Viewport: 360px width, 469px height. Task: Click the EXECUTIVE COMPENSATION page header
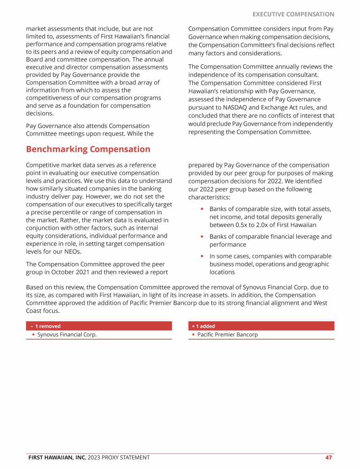pos(293,15)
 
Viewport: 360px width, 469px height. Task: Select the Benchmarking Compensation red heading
pos(88,149)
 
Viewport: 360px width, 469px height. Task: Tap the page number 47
pos(329,457)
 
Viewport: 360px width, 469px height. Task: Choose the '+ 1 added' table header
pos(203,326)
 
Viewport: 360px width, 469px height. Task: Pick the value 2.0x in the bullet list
pos(265,225)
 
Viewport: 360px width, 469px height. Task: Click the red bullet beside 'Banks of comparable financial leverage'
pos(202,237)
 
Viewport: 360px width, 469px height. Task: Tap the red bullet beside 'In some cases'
pos(202,257)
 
